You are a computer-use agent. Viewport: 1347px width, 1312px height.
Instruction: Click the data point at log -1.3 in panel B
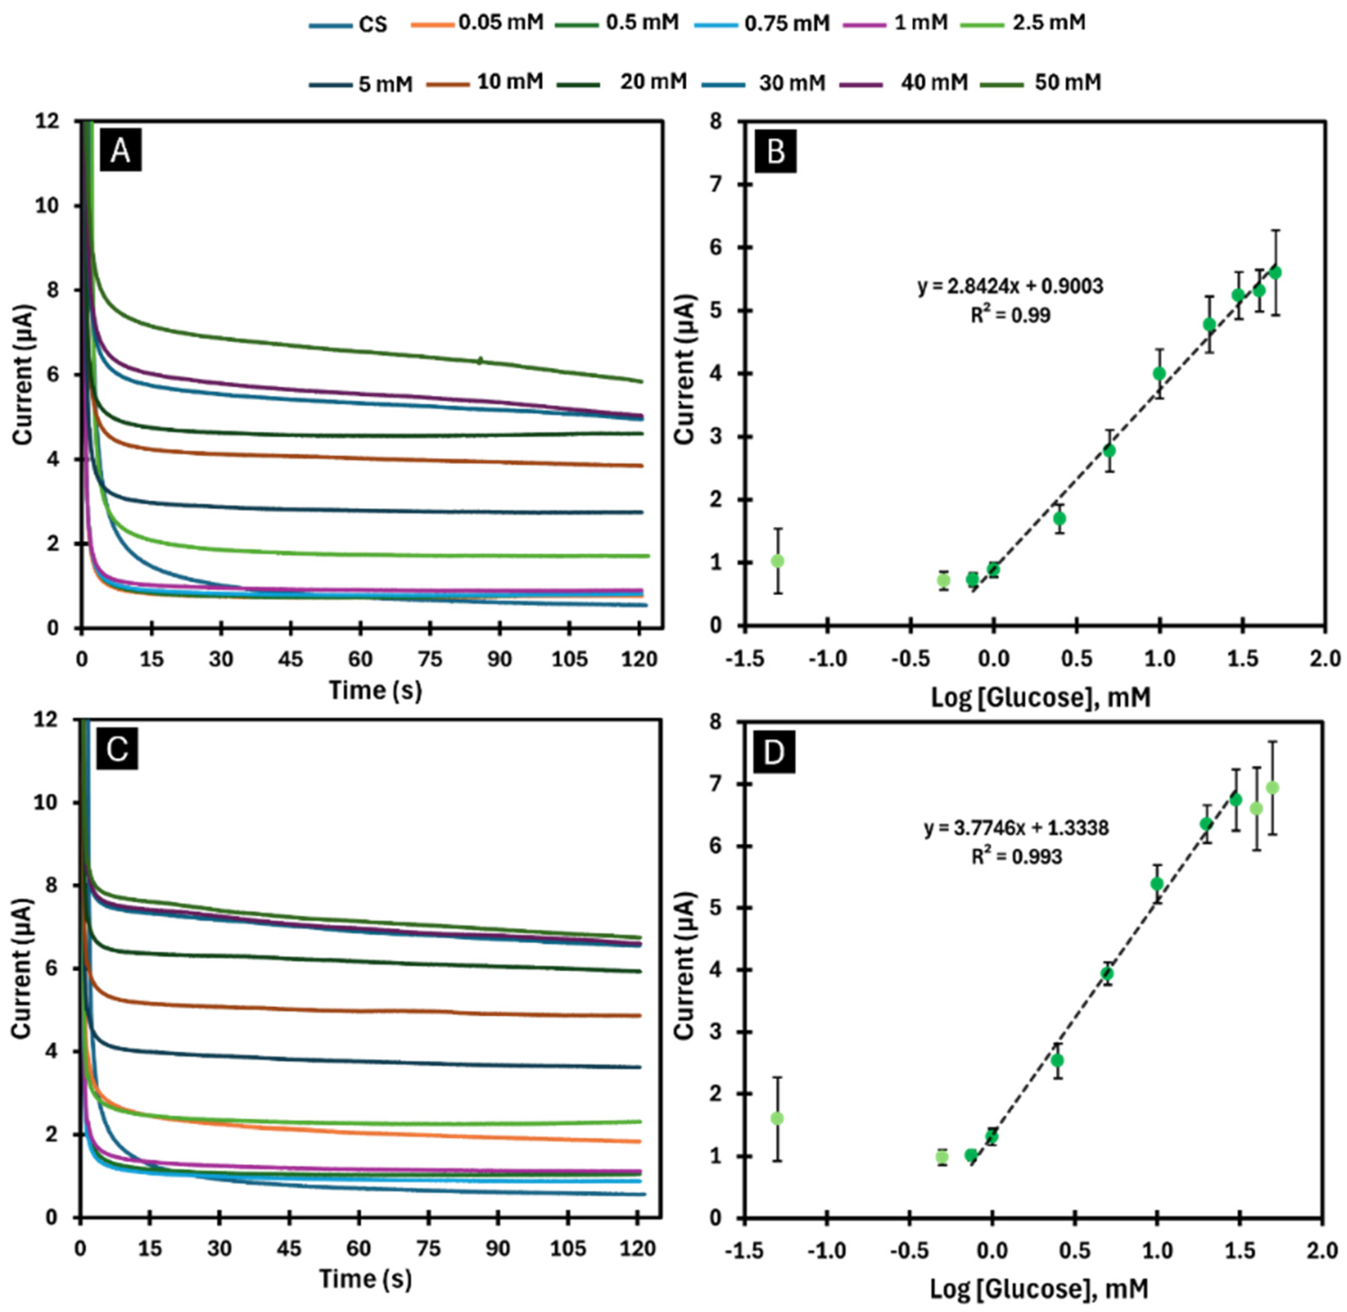coord(777,561)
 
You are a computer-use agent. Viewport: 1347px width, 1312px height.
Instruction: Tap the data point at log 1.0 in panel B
coord(1159,373)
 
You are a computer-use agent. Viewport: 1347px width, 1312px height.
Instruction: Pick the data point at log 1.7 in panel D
coord(1272,788)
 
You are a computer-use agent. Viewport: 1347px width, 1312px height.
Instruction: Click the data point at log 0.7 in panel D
coord(1107,974)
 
